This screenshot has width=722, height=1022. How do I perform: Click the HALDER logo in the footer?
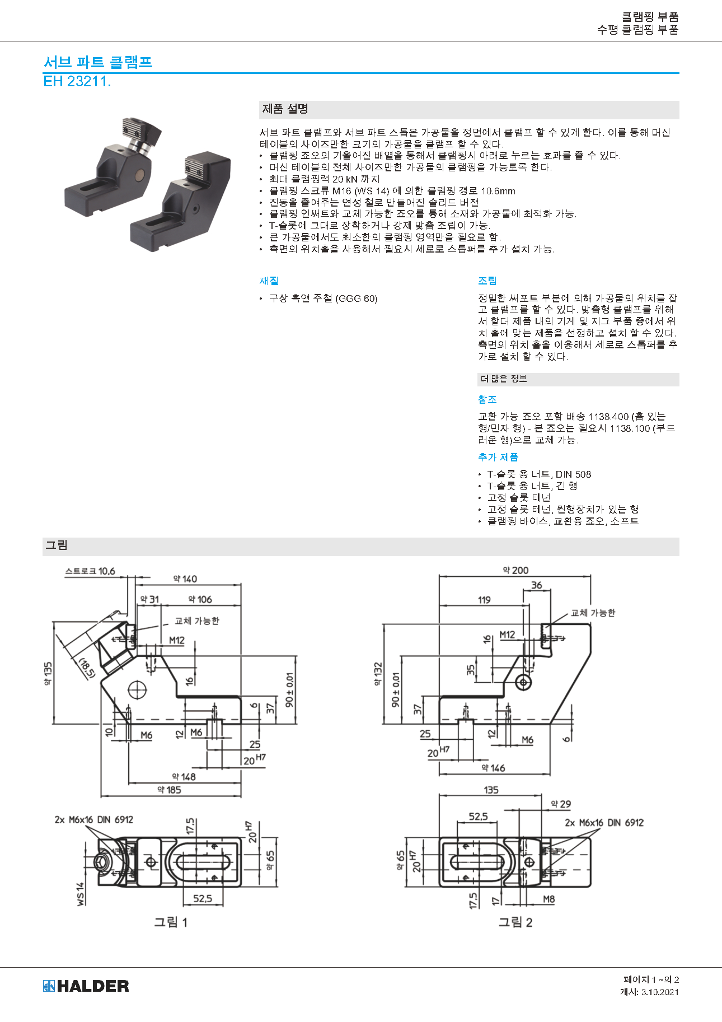point(86,986)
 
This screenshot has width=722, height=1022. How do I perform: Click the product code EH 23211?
point(77,82)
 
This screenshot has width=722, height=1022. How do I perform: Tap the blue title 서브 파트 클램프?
point(98,62)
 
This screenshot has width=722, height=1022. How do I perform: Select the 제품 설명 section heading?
point(285,109)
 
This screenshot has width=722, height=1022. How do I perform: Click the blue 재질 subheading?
point(269,281)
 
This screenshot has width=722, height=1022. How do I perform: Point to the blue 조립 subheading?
point(487,281)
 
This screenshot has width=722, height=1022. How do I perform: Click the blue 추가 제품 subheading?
point(498,458)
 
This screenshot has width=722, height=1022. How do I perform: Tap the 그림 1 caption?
point(171,922)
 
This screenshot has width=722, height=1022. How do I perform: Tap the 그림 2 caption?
point(515,922)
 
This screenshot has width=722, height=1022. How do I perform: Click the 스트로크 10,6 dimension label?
point(90,571)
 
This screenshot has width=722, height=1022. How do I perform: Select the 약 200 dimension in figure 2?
point(515,571)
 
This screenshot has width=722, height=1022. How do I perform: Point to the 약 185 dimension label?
point(169,790)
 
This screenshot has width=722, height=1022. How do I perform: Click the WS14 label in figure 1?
point(81,894)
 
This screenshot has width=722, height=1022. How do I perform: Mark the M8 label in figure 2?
point(549,899)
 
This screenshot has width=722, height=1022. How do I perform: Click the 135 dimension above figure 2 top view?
point(491,790)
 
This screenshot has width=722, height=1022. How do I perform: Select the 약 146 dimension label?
point(493,768)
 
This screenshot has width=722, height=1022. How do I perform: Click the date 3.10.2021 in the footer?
point(660,992)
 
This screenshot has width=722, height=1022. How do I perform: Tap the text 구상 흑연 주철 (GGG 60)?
point(323,298)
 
